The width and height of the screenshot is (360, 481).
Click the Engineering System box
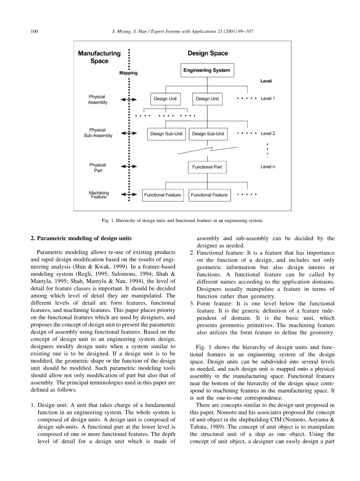tap(207, 70)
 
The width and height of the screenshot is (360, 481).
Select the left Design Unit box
tap(165, 99)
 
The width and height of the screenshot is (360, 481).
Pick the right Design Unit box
tap(207, 99)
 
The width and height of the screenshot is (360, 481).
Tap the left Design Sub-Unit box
tap(166, 134)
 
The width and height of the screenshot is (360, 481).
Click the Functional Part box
tap(207, 167)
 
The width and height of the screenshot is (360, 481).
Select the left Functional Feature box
tap(162, 195)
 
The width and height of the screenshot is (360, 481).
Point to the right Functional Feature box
tap(209, 195)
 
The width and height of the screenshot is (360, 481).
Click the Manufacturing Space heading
tap(99, 57)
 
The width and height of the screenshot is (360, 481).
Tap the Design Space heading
tap(208, 53)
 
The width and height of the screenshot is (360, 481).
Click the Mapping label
tap(128, 73)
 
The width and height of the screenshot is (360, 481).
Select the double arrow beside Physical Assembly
tap(129, 100)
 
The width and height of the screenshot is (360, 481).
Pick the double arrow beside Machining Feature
tap(129, 195)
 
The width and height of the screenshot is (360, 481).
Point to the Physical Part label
tap(97, 168)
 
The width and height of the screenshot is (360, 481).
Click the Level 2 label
tap(268, 134)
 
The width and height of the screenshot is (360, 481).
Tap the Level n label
tap(268, 167)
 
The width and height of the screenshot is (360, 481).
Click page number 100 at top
tap(34, 31)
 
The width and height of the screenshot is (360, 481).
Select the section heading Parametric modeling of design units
tap(81, 238)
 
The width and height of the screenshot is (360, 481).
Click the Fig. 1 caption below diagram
tap(182, 220)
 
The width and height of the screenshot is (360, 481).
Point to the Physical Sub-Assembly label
tap(98, 133)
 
